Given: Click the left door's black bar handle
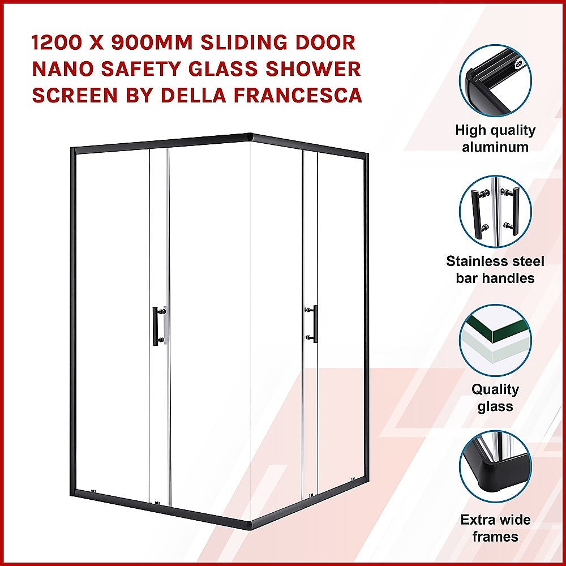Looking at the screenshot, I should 156,324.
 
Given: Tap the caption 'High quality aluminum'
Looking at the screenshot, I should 495,139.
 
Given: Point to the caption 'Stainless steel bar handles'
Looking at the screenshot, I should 495,269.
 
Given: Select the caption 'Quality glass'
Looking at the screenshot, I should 495,398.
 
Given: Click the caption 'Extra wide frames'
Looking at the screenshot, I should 495,528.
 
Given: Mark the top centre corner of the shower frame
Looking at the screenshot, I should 251,136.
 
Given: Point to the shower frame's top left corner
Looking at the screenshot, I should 72,149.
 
